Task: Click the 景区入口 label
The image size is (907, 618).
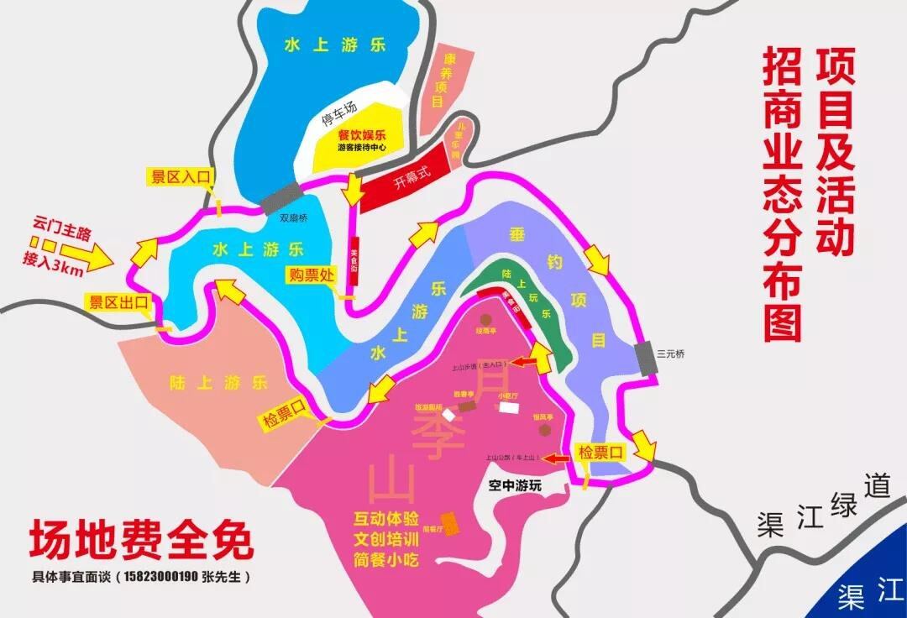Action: [179, 177]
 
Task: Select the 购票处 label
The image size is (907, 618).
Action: [312, 275]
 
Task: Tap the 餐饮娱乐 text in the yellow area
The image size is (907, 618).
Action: [361, 134]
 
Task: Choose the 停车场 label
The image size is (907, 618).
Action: [339, 119]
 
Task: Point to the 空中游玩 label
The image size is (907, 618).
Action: [516, 485]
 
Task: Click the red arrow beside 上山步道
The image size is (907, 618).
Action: [526, 363]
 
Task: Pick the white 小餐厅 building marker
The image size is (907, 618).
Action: [508, 407]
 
